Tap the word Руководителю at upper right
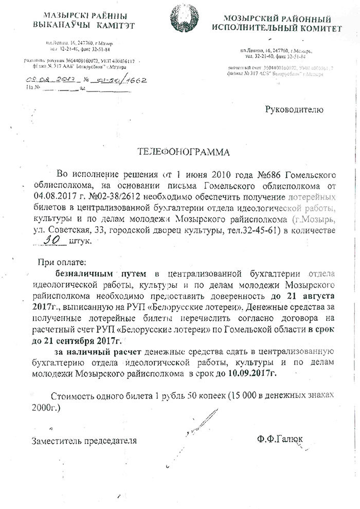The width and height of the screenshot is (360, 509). (294, 110)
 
